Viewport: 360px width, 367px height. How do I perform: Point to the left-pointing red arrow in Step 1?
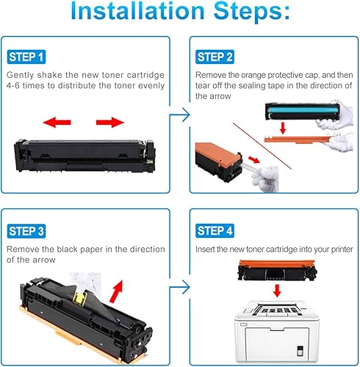[55, 121]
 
